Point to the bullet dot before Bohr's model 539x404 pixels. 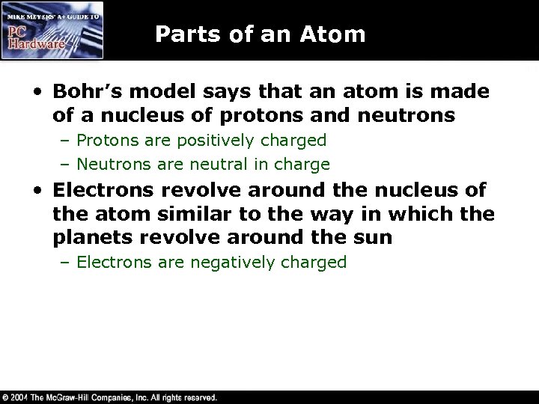(x=37, y=91)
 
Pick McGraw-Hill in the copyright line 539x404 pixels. (x=75, y=397)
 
